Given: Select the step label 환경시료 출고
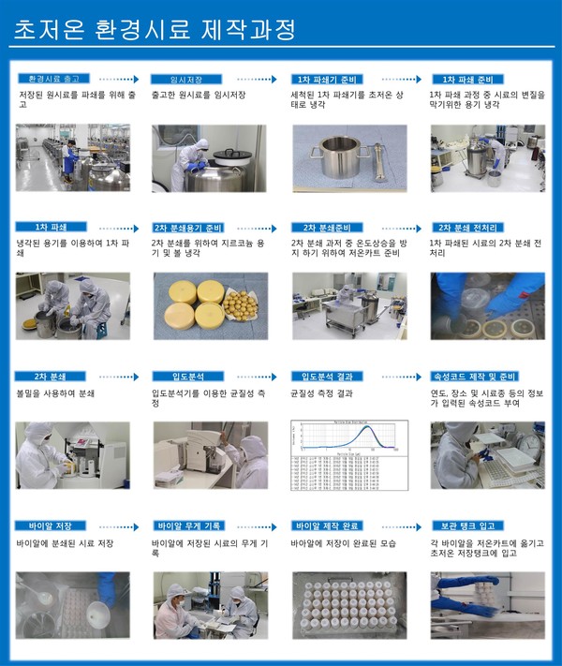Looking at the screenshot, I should [x=53, y=80].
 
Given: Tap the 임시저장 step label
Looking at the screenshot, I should [x=186, y=80].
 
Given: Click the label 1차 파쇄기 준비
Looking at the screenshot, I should [x=327, y=80].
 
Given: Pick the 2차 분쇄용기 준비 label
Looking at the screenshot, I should [x=188, y=228].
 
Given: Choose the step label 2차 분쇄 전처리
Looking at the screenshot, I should [x=466, y=228].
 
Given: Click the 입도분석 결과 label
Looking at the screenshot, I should [x=326, y=376].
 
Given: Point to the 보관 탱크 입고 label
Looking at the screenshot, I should [x=466, y=525].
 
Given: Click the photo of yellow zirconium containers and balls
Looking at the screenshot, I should [x=208, y=305].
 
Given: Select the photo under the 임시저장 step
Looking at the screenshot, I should [x=208, y=157].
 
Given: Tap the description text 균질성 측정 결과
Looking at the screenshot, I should [x=323, y=393].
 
